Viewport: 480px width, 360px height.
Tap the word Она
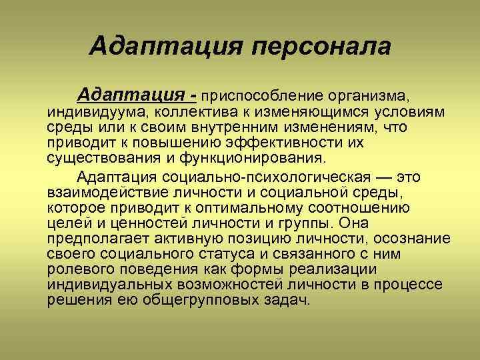coord(354,224)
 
